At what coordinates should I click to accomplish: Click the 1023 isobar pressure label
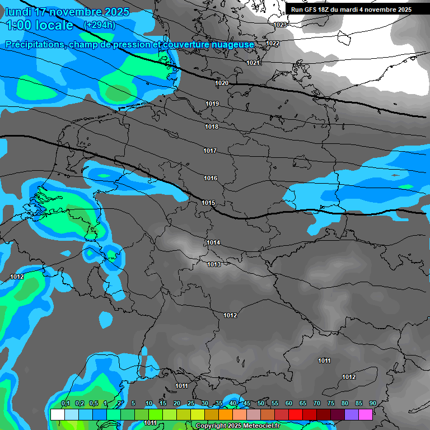point(281,25)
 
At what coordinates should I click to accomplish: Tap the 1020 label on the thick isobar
point(222,83)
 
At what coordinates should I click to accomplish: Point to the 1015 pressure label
point(209,203)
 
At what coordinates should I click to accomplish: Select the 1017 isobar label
point(210,151)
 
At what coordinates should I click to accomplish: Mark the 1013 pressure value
point(214,264)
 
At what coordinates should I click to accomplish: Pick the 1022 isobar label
point(273,43)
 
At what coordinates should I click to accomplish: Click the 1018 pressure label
point(212,127)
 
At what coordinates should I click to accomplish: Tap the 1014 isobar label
point(213,242)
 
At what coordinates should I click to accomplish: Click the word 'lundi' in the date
point(18,12)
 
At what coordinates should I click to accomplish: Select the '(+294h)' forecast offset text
point(100,25)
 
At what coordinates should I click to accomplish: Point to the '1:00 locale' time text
point(39,25)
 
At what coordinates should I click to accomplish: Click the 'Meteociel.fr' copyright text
point(262,426)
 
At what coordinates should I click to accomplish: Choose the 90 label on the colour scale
point(372,403)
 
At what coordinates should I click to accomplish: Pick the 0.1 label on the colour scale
point(65,403)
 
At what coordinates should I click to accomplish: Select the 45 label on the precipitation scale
point(247,403)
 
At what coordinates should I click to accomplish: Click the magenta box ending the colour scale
point(366,414)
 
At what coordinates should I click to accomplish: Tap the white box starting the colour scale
point(57,414)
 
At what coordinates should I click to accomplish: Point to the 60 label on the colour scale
point(289,403)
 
